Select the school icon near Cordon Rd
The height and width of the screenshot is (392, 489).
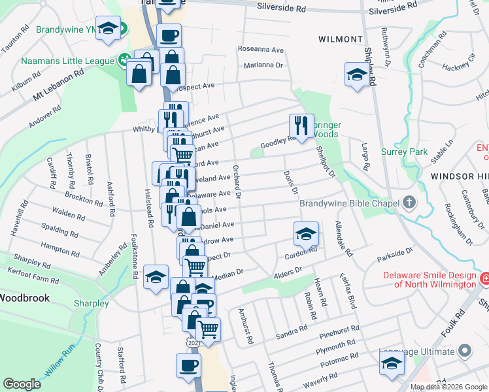[306, 233]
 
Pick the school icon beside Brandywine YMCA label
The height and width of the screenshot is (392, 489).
[108, 28]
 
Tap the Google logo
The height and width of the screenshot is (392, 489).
[22, 384]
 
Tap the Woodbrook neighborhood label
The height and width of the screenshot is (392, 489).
[20, 297]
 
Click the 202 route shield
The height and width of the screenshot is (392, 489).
[192, 342]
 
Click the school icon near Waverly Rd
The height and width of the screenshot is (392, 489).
[392, 363]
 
